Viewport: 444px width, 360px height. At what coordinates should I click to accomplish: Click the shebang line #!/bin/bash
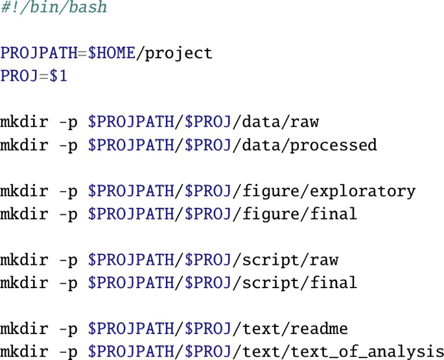(x=53, y=8)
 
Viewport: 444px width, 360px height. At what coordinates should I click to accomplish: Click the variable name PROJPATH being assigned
(x=39, y=53)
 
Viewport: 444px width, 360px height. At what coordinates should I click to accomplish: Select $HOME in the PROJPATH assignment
(x=111, y=53)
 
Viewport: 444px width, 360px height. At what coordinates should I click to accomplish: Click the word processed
(x=333, y=144)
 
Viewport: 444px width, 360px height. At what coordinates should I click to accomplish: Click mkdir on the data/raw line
(x=24, y=122)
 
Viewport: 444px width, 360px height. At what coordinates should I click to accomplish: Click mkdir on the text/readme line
(x=24, y=329)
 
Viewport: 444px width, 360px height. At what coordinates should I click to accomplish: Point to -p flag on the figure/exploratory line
(x=68, y=191)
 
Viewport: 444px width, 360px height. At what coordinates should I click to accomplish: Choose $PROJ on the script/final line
(x=208, y=283)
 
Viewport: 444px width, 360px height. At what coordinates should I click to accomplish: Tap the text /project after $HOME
(x=174, y=53)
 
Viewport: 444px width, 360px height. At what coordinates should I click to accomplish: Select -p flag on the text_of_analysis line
(x=68, y=352)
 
